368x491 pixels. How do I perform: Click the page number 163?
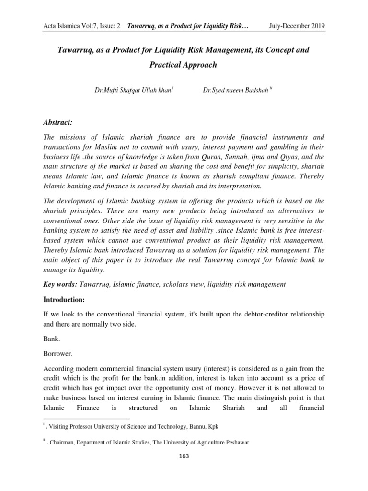[184, 456]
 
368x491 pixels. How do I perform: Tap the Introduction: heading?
[65, 299]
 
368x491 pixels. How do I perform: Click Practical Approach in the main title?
[184, 64]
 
